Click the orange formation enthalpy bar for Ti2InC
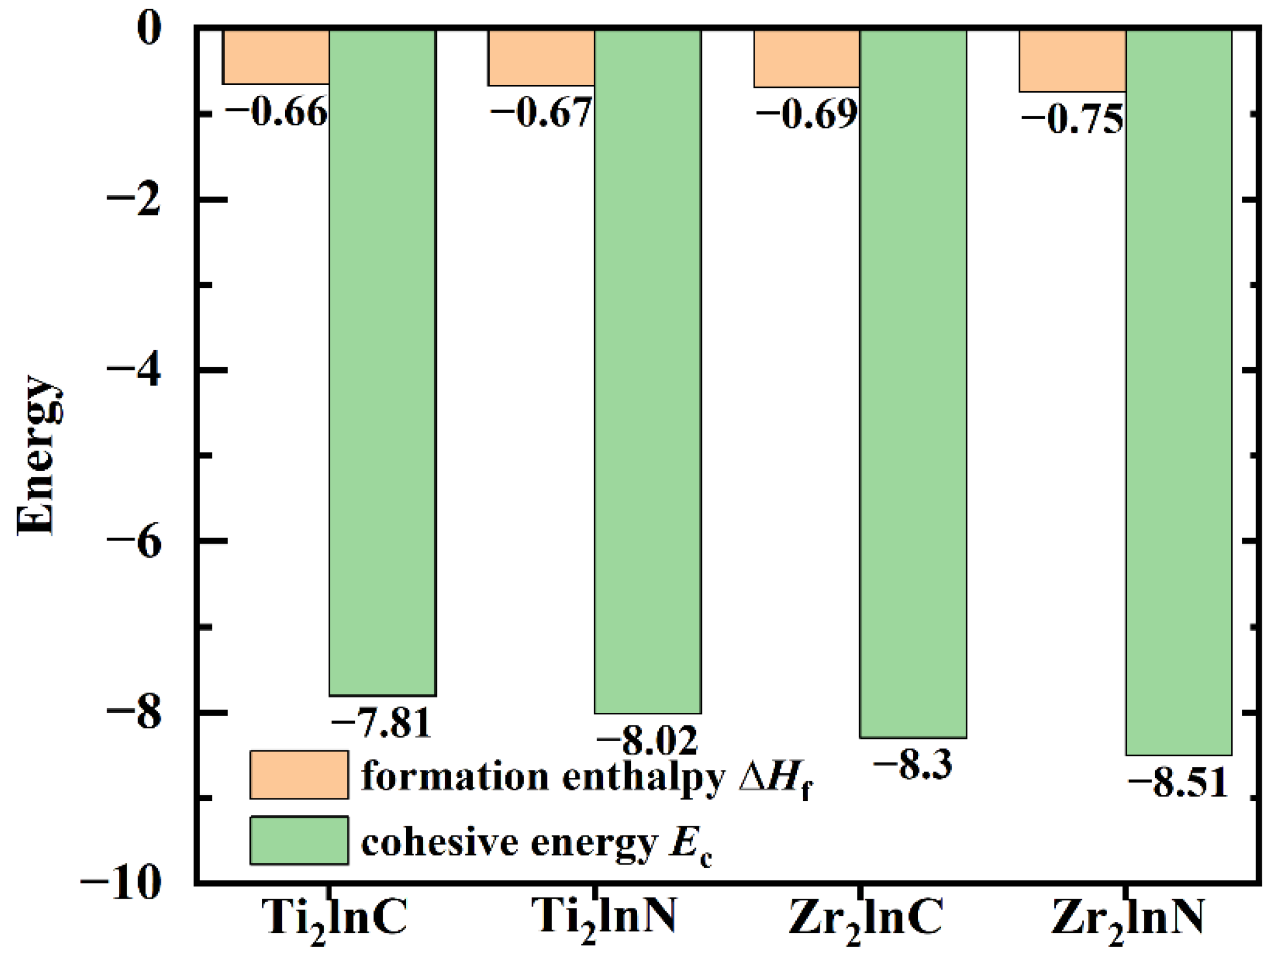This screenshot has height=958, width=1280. (276, 56)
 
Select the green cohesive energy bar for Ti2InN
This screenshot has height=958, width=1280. (647, 370)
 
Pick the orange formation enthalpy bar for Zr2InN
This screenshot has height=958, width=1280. (1072, 61)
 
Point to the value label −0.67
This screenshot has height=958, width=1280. (541, 112)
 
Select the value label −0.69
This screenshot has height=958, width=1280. (806, 114)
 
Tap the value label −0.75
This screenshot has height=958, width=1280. (1072, 120)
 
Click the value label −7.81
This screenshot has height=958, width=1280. (382, 723)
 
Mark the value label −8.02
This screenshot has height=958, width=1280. (647, 741)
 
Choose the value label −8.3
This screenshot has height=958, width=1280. (912, 765)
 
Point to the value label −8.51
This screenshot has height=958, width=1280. (1177, 783)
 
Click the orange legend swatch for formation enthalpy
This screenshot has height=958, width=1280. (298, 774)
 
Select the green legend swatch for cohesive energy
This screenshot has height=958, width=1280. (298, 841)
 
